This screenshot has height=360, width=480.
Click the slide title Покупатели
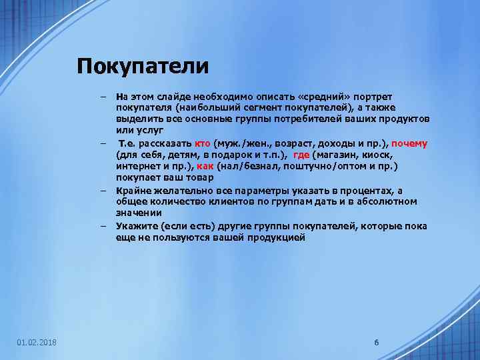(x=143, y=67)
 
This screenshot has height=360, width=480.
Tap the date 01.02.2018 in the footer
(x=37, y=343)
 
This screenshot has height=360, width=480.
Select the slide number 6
(x=377, y=343)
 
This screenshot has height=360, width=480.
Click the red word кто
(x=203, y=143)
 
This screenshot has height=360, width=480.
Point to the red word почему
(x=409, y=143)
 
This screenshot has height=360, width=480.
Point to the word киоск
(x=386, y=154)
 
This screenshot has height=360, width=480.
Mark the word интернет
(x=135, y=166)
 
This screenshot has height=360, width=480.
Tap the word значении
(x=138, y=213)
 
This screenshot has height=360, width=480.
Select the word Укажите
(x=134, y=227)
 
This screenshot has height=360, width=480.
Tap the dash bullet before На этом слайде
(x=104, y=97)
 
